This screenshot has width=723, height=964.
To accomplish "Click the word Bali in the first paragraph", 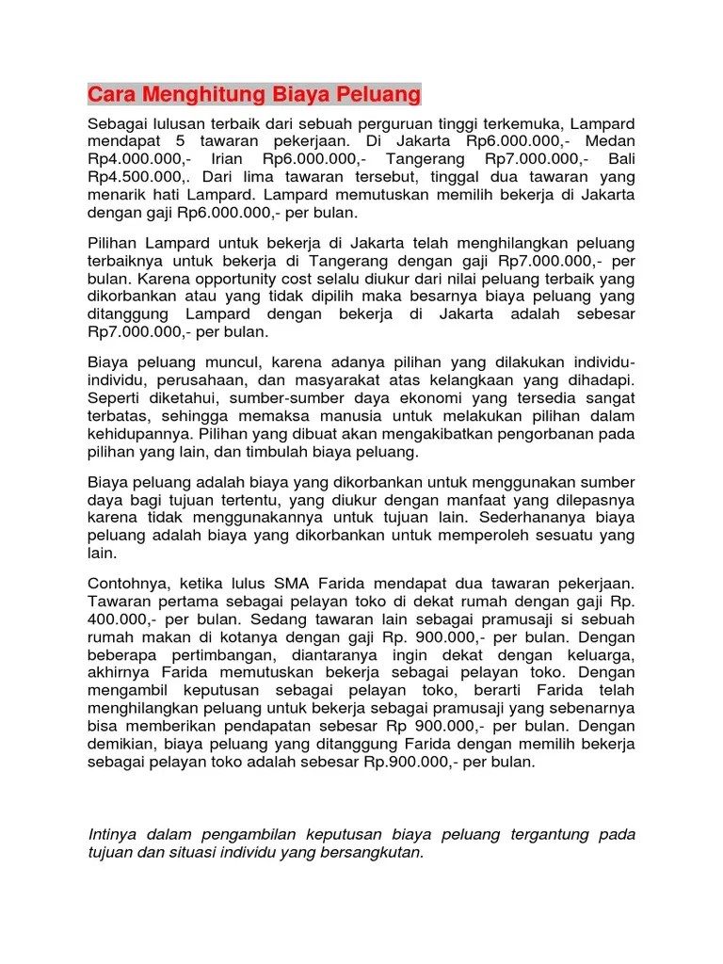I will click(x=620, y=159).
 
